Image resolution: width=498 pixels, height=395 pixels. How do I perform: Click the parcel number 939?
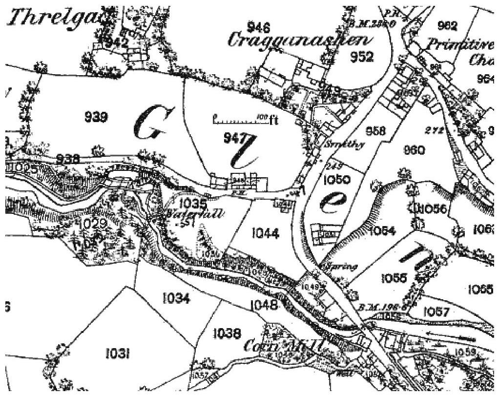coord(96,117)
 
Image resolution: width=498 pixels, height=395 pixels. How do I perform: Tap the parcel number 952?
coord(362,57)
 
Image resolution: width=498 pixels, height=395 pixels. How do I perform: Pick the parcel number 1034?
coord(176,298)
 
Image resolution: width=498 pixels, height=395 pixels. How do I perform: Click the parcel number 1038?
coord(227,333)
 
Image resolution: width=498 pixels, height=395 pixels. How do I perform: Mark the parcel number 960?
coord(414,150)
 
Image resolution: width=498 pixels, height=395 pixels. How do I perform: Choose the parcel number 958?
coord(374,131)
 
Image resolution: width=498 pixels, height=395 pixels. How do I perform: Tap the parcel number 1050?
coord(337,180)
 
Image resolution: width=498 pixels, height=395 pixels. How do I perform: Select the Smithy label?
coord(342,145)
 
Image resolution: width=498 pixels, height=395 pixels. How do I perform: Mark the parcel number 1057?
coord(437,311)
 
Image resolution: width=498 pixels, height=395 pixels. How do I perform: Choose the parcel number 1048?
coord(264,306)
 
